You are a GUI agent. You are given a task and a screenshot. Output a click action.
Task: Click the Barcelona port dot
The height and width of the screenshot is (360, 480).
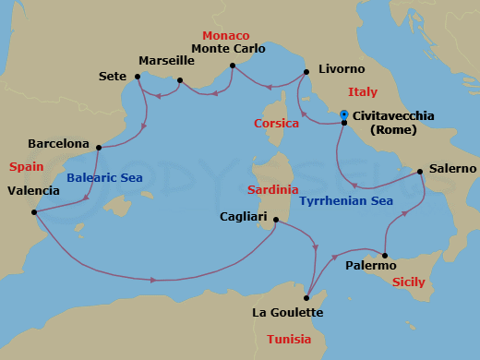98,146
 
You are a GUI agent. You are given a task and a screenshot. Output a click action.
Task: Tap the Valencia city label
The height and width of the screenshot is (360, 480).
33,191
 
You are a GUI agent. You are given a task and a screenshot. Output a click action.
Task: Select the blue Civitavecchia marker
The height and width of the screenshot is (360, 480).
343,114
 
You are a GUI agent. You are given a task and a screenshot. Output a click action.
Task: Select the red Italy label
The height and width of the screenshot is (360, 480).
363,91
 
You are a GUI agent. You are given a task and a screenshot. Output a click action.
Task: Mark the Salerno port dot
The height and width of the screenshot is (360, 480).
421,171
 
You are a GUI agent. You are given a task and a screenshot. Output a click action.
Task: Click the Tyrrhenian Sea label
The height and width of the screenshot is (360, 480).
346,199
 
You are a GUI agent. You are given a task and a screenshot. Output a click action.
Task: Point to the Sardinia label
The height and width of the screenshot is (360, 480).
272,189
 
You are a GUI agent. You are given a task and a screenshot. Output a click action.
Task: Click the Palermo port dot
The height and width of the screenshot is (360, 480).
385,256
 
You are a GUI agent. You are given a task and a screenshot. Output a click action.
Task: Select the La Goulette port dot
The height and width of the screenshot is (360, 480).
306,297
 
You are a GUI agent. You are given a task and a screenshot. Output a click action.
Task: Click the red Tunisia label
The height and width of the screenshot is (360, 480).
294,339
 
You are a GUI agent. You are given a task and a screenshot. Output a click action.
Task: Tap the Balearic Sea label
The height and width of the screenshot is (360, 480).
103,177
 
